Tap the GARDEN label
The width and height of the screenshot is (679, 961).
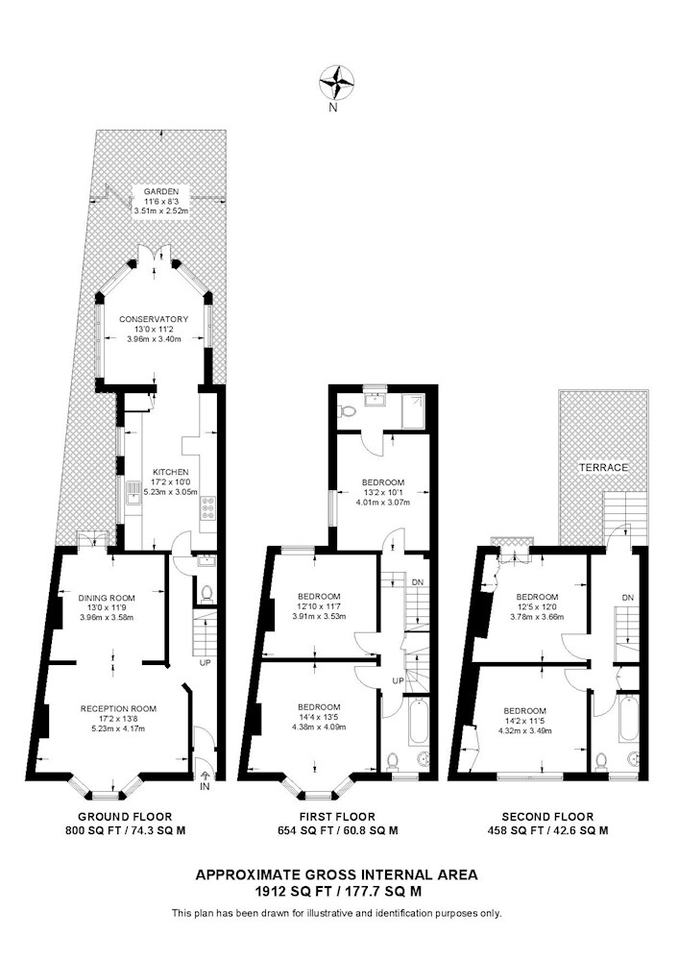coord(161,192)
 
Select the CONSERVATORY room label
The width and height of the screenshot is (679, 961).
coord(154,319)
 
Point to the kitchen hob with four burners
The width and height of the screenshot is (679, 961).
coord(207,507)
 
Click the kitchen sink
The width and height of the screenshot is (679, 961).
coord(133,493)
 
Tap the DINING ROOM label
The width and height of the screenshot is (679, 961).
coord(107,598)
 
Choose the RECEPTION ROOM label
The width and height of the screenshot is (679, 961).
coord(118,708)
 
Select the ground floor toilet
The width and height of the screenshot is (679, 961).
coord(206,593)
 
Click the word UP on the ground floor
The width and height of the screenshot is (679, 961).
coord(205,663)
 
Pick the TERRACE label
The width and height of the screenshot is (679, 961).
coord(604,468)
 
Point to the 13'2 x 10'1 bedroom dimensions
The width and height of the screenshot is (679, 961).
coord(382,492)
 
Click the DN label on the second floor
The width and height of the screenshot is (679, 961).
coord(627,598)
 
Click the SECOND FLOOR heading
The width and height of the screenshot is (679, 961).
coord(548,817)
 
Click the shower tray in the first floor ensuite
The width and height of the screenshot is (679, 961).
coord(415,411)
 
